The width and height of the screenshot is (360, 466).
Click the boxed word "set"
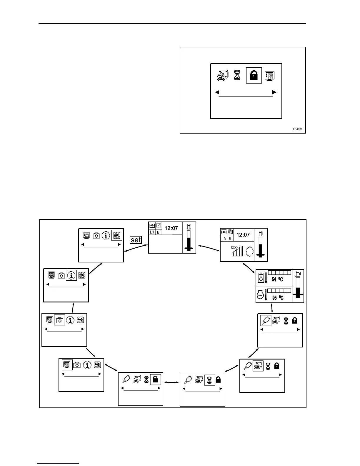pos(136,240)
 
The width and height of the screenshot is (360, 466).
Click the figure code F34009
pos(297,129)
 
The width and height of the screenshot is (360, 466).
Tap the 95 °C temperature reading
pos(278,298)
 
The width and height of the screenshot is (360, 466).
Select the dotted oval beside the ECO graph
pos(250,252)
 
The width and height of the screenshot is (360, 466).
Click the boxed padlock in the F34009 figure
pos(254,76)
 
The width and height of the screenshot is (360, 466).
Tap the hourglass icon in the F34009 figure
pos(237,75)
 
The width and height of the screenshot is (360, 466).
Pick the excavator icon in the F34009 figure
pos(223,75)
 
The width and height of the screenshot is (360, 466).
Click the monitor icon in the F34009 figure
pos(270,76)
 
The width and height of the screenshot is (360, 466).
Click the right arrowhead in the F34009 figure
pos(274,92)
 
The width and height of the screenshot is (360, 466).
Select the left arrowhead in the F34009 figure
pos(217,92)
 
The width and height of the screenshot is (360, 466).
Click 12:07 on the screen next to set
pos(171,228)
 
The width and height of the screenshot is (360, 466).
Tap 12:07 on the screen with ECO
pos(243,235)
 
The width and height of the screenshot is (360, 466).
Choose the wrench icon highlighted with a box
pos(266,320)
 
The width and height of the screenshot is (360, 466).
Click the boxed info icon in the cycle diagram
pos(71,275)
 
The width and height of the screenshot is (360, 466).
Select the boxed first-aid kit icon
pos(60,320)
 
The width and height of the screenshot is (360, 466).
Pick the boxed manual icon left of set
pos(117,236)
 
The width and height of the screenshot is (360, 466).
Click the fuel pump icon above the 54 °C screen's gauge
pos(298,273)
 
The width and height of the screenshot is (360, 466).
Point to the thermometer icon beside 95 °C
pos(266,295)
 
